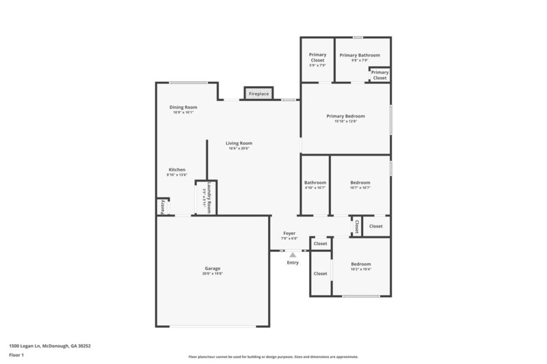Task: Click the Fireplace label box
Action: tap(258, 94)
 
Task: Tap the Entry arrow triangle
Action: tap(293, 255)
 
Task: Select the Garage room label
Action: tap(212, 268)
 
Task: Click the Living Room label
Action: tap(239, 143)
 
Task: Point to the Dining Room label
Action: tap(183, 107)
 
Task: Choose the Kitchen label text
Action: tap(177, 170)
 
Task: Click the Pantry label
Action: tap(162, 207)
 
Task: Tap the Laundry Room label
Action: tap(209, 197)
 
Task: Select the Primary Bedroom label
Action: tap(345, 116)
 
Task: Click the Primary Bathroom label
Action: tap(360, 55)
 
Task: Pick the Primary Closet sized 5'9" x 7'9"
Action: tap(317, 57)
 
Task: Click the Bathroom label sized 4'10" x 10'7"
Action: tap(315, 182)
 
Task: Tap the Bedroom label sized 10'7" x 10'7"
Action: tap(360, 182)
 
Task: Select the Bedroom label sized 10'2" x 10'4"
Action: tap(361, 264)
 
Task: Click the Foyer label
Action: tap(290, 233)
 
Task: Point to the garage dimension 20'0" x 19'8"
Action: tap(212, 274)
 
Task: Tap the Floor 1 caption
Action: tap(17, 355)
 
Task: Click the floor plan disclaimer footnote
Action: tap(273, 356)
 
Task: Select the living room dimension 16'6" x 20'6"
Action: tap(239, 148)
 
